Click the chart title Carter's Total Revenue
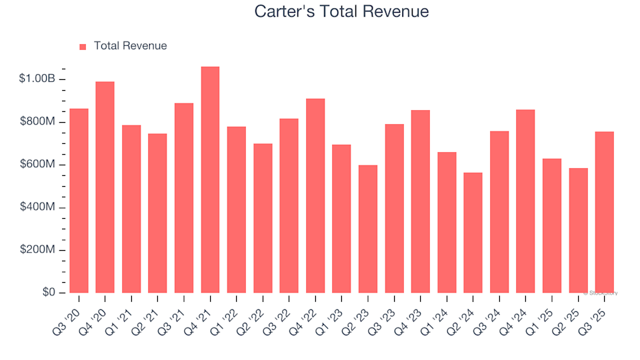341,12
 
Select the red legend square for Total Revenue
83,47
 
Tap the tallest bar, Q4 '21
210,180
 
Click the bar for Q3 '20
79,201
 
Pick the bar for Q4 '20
105,187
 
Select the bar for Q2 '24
473,233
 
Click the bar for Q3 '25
605,212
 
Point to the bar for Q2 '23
368,229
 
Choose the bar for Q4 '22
315,196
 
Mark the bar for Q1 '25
552,225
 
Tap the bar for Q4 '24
525,201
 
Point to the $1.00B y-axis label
37,79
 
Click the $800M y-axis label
39,122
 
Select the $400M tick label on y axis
39,207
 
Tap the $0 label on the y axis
49,293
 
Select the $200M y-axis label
39,250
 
